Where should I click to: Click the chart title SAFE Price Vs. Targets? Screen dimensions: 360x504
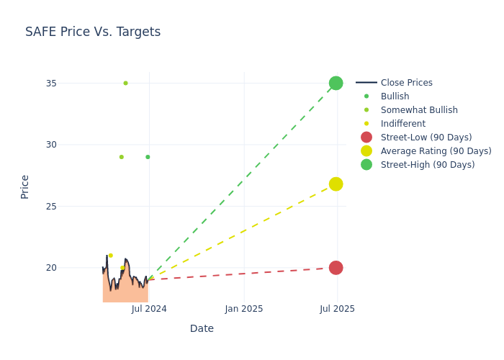[x=93, y=32]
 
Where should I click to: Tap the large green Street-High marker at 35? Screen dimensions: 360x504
[x=336, y=83]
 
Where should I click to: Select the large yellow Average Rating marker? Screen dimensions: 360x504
[x=336, y=184]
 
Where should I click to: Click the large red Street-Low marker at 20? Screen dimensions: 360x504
[x=336, y=268]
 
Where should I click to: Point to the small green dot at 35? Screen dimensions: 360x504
[x=125, y=83]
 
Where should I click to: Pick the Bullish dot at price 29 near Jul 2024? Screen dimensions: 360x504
[x=148, y=157]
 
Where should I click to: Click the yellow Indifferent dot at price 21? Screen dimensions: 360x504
[x=110, y=256]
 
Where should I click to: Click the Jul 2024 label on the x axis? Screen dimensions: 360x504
[x=149, y=309]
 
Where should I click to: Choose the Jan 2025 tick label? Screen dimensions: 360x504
[x=244, y=309]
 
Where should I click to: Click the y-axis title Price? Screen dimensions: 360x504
[x=25, y=186]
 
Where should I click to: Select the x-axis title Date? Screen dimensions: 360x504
[x=202, y=329]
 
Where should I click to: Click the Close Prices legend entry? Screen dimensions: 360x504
[x=406, y=83]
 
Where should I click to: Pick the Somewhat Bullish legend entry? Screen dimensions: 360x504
[x=419, y=110]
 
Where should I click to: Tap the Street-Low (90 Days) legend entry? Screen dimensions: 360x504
[x=426, y=138]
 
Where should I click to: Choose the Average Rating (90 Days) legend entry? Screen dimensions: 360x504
[x=436, y=151]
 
